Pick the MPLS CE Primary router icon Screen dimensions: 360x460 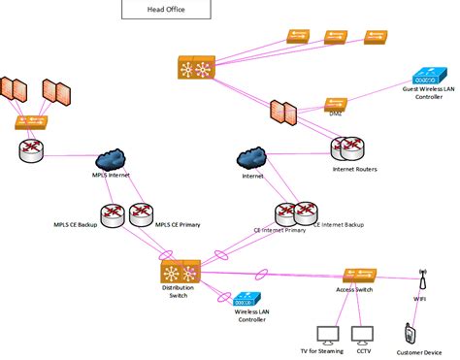click(x=142, y=213)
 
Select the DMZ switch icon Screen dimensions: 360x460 click(x=336, y=102)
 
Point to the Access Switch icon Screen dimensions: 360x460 click(x=358, y=277)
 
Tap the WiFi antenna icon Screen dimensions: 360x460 click(x=423, y=278)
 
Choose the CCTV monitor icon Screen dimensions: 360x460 click(x=363, y=336)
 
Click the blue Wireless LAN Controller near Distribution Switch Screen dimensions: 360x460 click(x=246, y=299)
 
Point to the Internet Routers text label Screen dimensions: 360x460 click(x=354, y=169)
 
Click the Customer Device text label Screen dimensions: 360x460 click(x=417, y=352)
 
